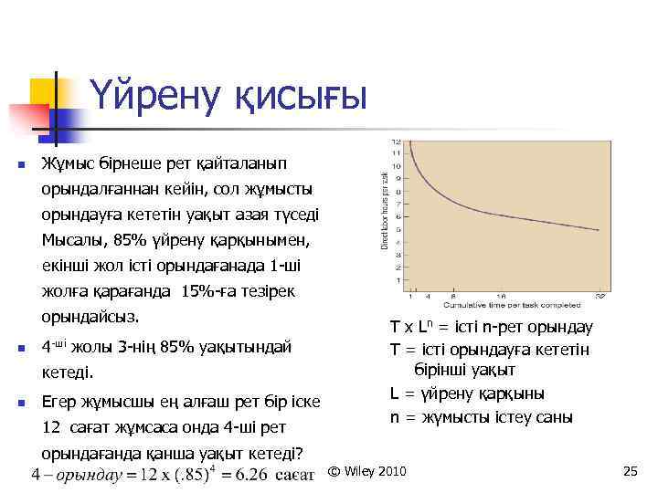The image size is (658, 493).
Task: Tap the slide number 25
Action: (629, 471)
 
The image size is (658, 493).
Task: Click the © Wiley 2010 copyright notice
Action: (367, 471)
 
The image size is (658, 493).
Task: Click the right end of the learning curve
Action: (599, 231)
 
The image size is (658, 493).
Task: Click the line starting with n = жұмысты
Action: (482, 417)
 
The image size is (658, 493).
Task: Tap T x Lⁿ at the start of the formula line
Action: (410, 327)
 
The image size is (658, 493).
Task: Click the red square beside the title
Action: (28, 117)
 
